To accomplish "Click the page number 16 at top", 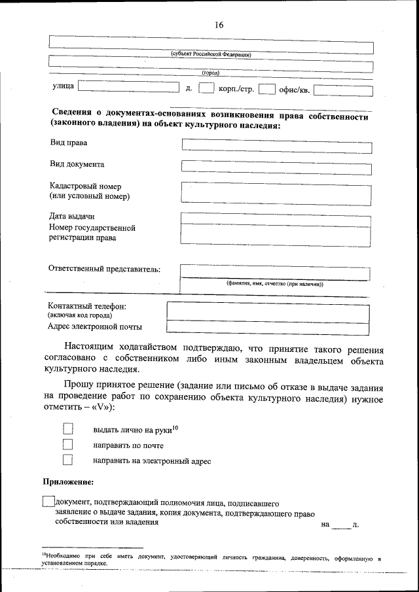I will coord(219,25).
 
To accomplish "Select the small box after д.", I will coord(206,88).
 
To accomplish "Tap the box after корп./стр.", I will coord(266,89).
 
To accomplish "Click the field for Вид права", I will coord(276,146).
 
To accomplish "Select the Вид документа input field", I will coord(276,167).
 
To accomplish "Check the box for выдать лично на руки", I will coord(67,429).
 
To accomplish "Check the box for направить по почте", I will coord(67,445).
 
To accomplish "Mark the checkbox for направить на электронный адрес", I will coord(67,461).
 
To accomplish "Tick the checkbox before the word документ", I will coord(47,502).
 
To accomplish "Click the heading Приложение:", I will coord(68,482).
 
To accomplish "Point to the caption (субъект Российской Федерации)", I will coord(210,55).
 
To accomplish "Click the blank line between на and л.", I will coord(340,525).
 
